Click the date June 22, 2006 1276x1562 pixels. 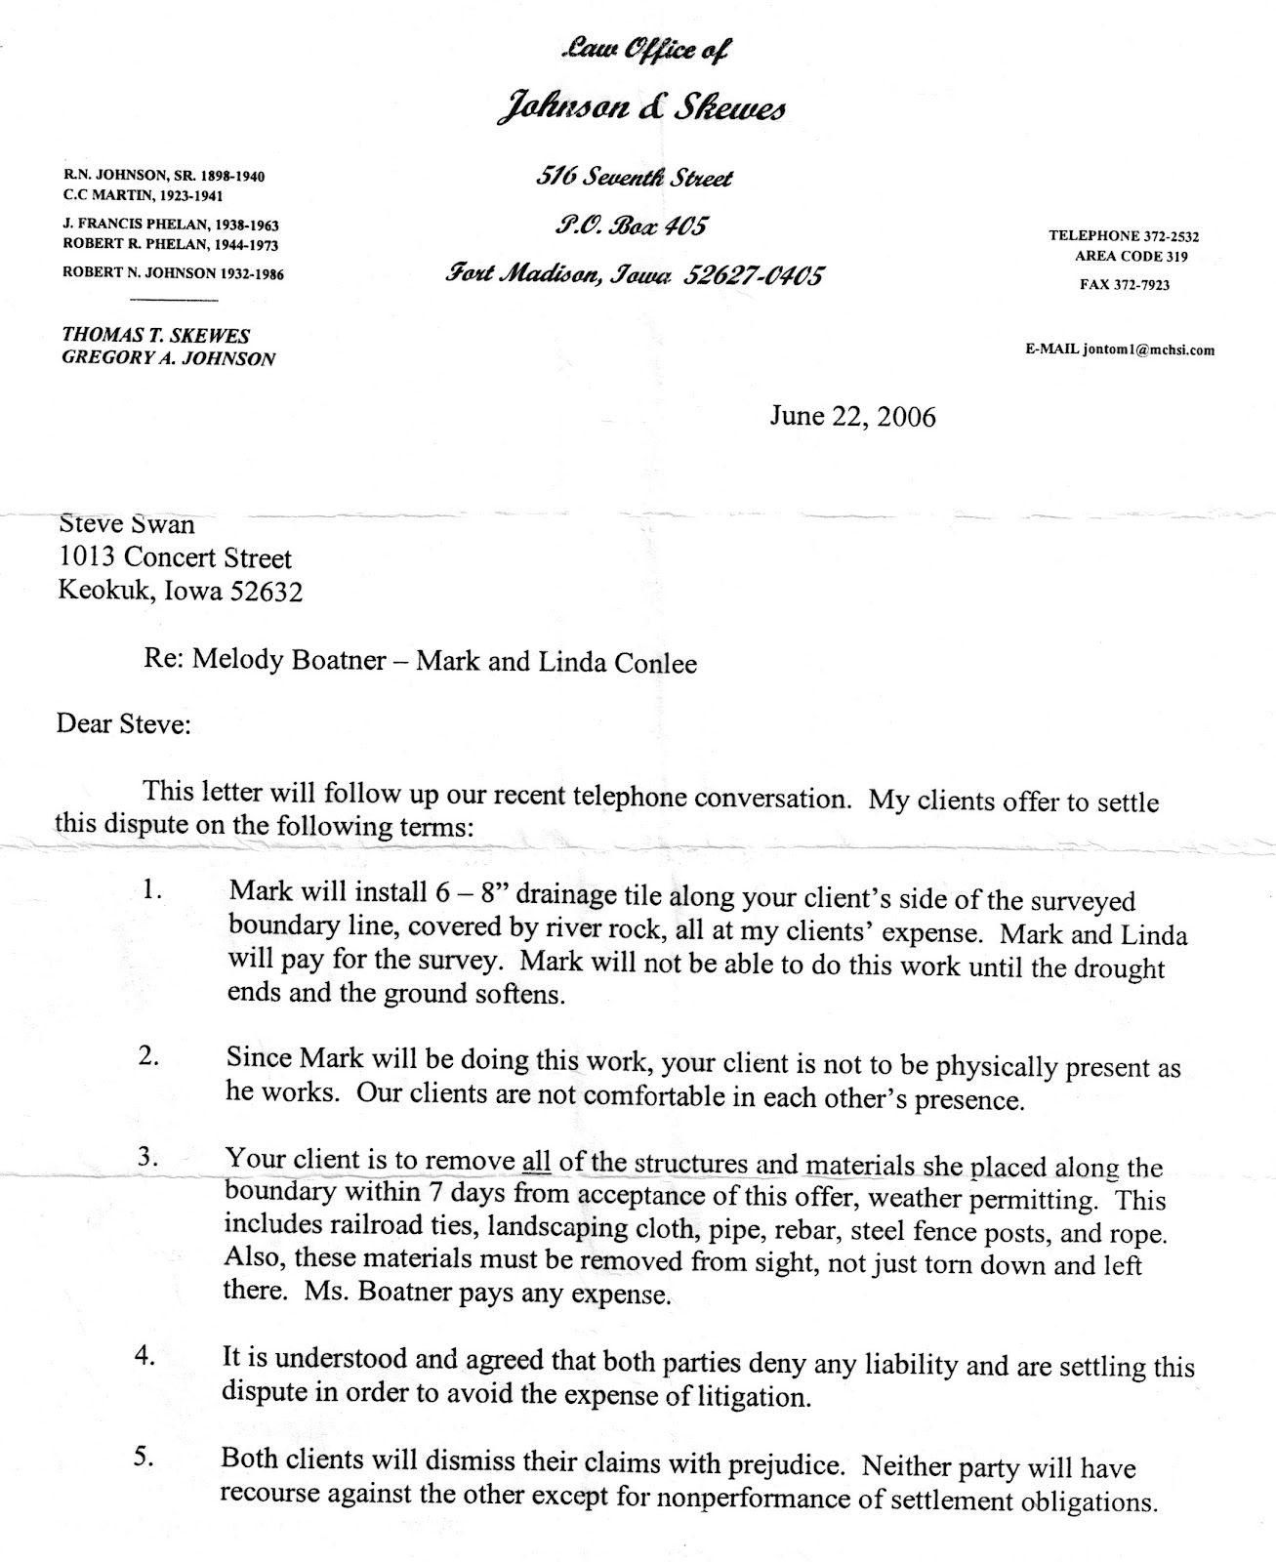(x=851, y=417)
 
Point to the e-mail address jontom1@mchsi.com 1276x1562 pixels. (x=1147, y=349)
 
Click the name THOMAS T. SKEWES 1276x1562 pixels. (x=156, y=335)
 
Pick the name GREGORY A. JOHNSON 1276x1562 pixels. (x=168, y=358)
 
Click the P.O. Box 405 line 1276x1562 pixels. (x=617, y=226)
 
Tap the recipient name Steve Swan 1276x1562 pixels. (x=127, y=524)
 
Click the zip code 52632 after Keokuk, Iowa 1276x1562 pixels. (x=267, y=592)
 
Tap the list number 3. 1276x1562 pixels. (x=148, y=1158)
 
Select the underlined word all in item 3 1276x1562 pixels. (x=537, y=1162)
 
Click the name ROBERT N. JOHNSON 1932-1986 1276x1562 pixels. (x=173, y=274)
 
